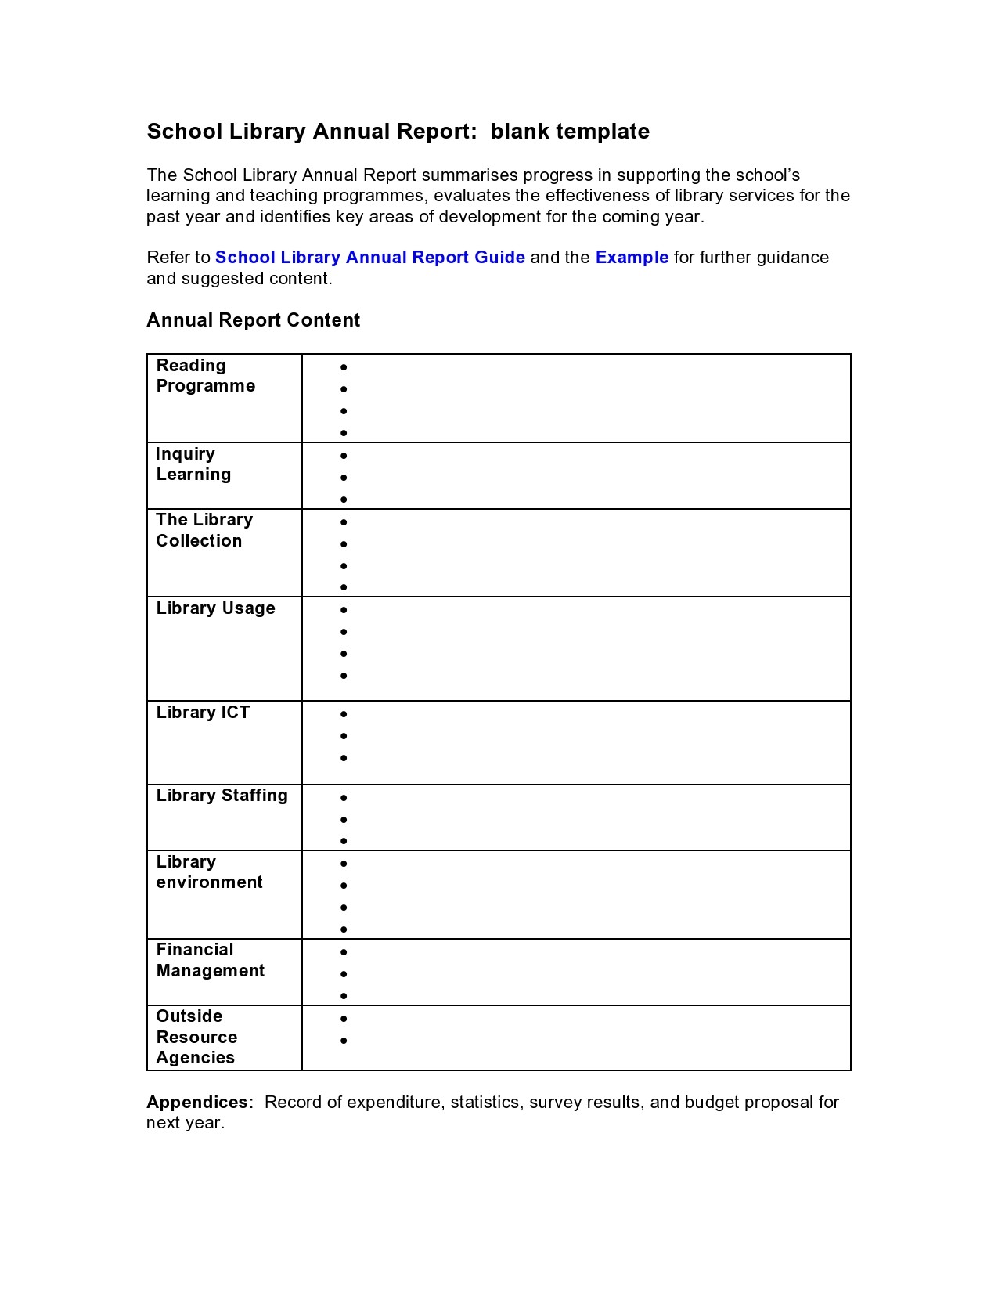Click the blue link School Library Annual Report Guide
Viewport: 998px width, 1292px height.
(369, 258)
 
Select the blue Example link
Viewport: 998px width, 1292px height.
(632, 258)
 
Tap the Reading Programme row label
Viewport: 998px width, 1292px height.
(205, 376)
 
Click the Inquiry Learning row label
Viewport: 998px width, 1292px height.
(193, 464)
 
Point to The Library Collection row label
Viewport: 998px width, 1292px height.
(204, 530)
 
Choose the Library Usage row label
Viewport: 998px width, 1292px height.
(215, 608)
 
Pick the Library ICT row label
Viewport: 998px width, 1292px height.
(203, 713)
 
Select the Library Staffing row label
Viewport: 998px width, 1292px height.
(222, 796)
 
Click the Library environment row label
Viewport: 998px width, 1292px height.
(209, 872)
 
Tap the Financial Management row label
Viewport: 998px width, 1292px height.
(210, 960)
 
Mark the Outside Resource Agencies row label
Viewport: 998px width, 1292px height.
(196, 1037)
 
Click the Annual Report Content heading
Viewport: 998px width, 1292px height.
(253, 320)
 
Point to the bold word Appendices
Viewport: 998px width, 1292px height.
(200, 1103)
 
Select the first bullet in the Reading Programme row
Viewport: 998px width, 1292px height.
(344, 366)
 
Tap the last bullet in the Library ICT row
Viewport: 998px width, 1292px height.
(344, 758)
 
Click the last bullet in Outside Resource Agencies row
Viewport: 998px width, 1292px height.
(344, 1041)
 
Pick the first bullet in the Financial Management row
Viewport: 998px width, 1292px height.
(344, 952)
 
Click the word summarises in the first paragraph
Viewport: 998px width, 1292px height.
(470, 175)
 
